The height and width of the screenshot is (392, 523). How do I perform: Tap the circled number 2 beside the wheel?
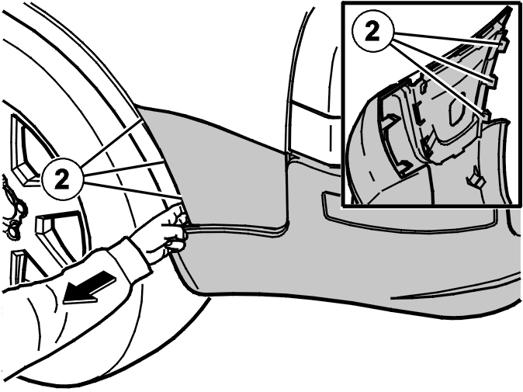pyautogui.click(x=62, y=179)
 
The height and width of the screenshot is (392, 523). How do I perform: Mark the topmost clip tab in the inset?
pyautogui.click(x=502, y=43)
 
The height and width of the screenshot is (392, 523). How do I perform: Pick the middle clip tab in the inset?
pyautogui.click(x=492, y=81)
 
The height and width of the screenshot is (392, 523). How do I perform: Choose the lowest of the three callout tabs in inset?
pyautogui.click(x=484, y=115)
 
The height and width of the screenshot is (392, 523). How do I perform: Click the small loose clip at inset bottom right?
pyautogui.click(x=476, y=179)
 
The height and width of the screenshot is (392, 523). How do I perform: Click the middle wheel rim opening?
pyautogui.click(x=60, y=234)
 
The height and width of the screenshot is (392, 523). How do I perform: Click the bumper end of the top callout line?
pyautogui.click(x=143, y=121)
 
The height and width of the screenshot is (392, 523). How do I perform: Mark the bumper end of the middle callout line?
pyautogui.click(x=164, y=161)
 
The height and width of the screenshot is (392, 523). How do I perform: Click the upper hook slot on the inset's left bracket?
pyautogui.click(x=391, y=120)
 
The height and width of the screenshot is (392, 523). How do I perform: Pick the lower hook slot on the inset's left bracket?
pyautogui.click(x=404, y=166)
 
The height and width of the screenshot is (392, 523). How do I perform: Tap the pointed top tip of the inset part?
pyautogui.click(x=511, y=7)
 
